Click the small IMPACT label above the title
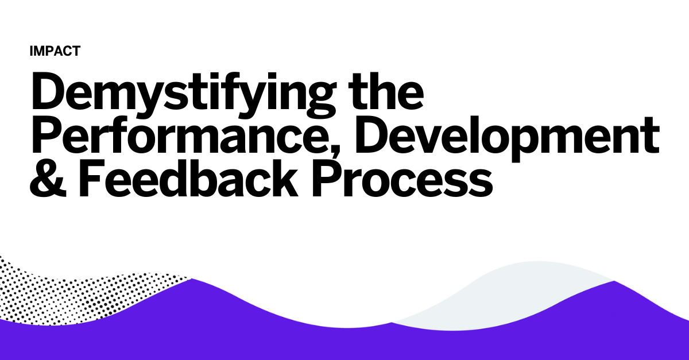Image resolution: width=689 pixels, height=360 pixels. point(55,51)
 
